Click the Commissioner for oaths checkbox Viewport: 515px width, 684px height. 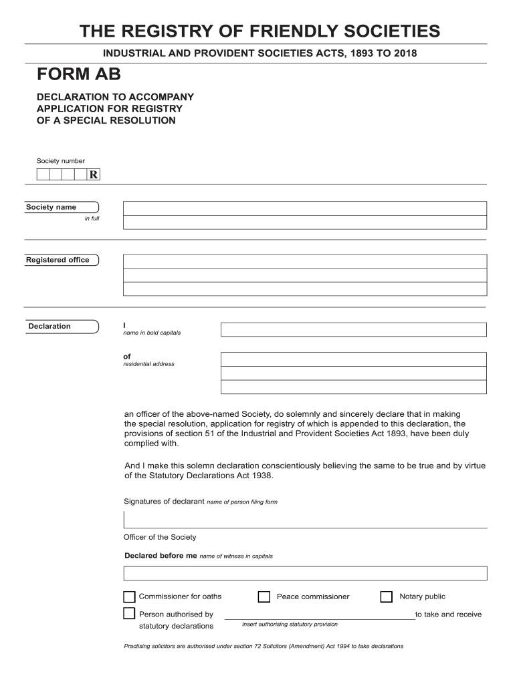[129, 596]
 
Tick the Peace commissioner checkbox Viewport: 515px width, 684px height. [264, 596]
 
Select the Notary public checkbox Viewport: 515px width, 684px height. [386, 596]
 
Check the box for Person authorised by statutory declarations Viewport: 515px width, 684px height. [129, 614]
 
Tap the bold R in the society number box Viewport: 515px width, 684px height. [94, 175]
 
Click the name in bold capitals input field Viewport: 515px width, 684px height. [353, 329]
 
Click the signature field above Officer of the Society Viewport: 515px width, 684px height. [305, 519]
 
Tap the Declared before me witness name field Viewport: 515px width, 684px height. [305, 573]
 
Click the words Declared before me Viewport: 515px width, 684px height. [161, 555]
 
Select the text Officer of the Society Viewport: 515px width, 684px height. [160, 537]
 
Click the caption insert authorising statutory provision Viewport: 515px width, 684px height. [290, 624]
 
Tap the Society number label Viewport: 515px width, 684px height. [60, 161]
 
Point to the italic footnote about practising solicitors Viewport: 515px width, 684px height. [264, 646]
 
